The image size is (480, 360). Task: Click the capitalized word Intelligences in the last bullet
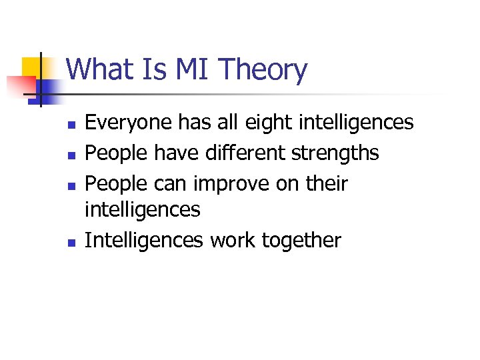[x=144, y=240]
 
